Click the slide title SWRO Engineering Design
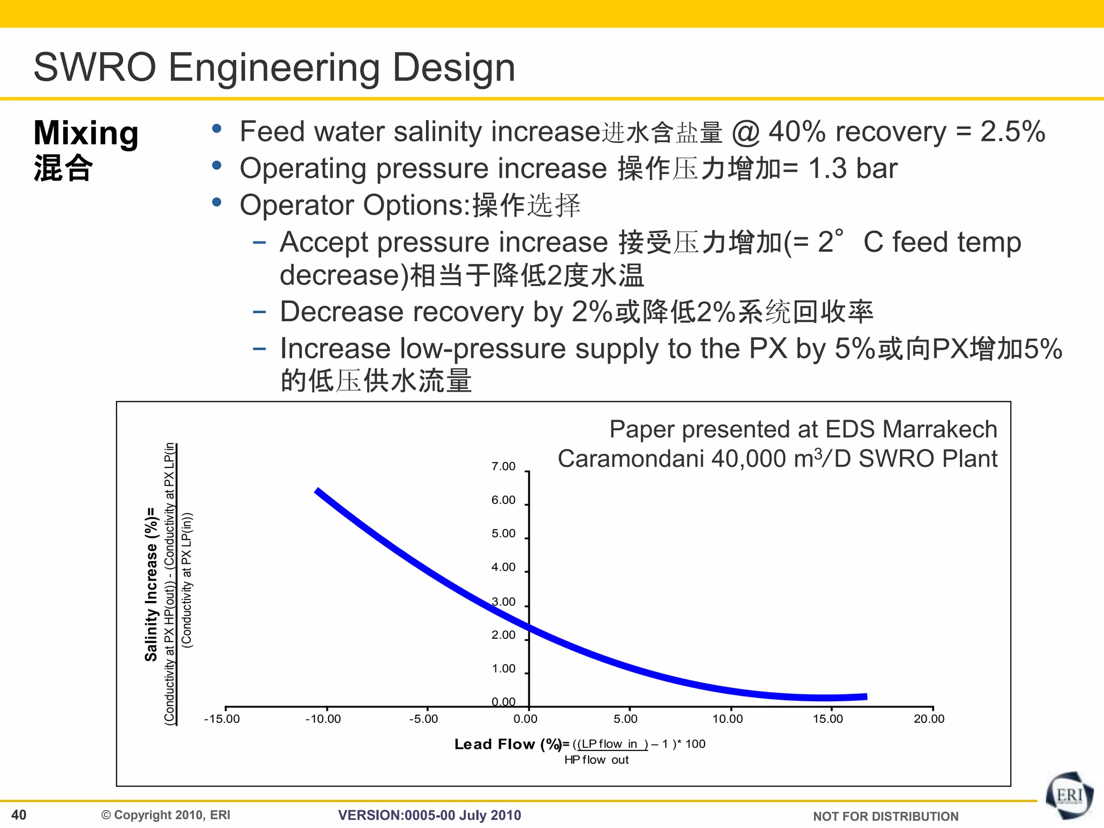pos(274,67)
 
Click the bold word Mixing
pos(86,133)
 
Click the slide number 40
pos(19,815)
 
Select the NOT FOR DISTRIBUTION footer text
pos(885,816)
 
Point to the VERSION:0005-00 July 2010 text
pos(429,815)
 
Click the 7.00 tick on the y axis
pos(503,466)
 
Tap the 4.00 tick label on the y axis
pos(503,567)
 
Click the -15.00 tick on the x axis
pos(222,719)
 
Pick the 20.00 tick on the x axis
pos(929,719)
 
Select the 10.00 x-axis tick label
pos(727,719)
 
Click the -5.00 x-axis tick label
pos(423,719)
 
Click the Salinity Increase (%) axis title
pos(151,584)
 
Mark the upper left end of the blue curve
pos(318,491)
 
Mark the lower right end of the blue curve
pos(866,696)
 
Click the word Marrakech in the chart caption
pos(940,429)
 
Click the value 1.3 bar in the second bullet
pos(853,168)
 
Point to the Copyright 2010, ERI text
pos(166,815)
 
